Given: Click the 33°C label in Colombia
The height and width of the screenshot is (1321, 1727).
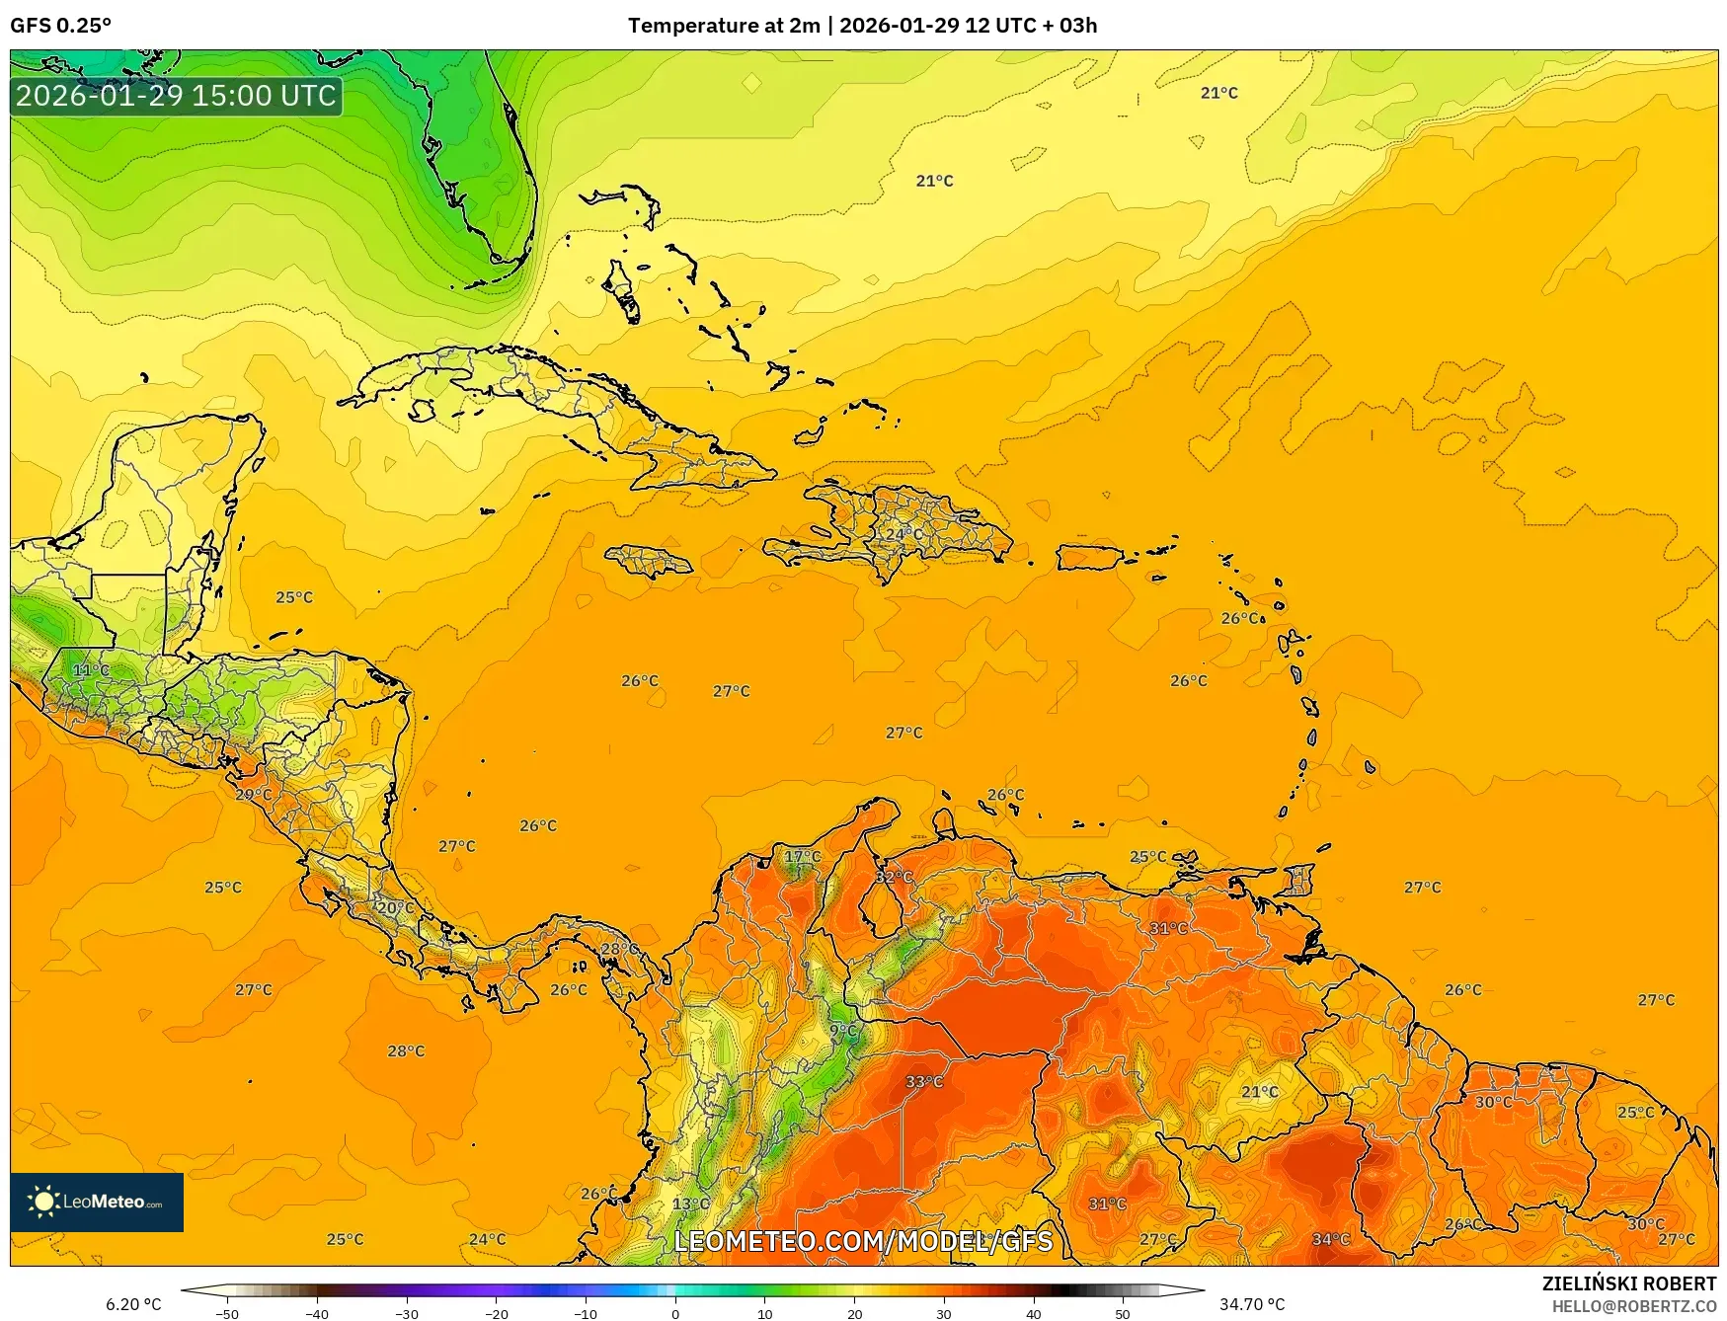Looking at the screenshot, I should [x=924, y=1082].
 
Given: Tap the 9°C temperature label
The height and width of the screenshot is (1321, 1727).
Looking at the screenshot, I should [x=843, y=1031].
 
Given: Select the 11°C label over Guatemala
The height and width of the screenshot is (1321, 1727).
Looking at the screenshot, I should [x=91, y=670].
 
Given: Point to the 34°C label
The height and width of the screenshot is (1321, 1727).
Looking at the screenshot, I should [x=1330, y=1239].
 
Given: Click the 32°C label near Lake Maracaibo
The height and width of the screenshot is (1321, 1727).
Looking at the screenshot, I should [x=895, y=877].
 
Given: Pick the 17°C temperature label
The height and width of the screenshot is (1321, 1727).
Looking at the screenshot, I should [x=802, y=856].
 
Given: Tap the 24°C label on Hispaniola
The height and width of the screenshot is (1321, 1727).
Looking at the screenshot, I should [x=903, y=534].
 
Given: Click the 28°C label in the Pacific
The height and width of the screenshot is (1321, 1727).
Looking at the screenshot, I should [x=406, y=1051].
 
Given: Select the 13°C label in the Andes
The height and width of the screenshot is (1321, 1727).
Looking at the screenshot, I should [x=690, y=1204].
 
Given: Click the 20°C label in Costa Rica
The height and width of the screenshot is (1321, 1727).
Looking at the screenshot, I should [x=396, y=907].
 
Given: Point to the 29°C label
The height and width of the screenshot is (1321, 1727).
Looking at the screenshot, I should [x=253, y=795].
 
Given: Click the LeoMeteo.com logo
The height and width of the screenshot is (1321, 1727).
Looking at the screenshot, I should [x=97, y=1202].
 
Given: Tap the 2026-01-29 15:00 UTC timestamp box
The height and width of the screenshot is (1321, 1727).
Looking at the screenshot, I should [x=176, y=96].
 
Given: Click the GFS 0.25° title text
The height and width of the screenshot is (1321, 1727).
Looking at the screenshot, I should [x=61, y=26].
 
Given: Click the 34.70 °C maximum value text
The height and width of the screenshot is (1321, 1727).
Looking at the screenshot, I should [x=1252, y=1304].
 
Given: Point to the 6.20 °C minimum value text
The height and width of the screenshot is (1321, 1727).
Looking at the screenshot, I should [x=133, y=1304].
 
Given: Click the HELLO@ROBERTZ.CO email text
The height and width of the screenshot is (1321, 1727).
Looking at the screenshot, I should [x=1633, y=1306].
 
